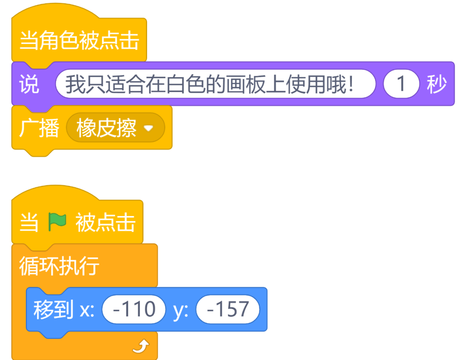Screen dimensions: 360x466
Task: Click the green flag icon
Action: coord(57,222)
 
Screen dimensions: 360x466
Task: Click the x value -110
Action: coord(134,309)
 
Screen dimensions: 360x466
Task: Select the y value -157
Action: coord(227,309)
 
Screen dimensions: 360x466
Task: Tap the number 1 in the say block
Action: coord(401,84)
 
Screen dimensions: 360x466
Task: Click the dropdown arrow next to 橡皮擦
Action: coord(148,128)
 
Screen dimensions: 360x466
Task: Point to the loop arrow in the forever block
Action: coord(141,346)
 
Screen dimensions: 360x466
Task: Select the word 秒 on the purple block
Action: coord(437,84)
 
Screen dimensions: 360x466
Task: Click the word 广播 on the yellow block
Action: coord(39,128)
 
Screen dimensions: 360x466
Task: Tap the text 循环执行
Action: coord(59,266)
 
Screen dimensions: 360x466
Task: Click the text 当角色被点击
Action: coord(79,41)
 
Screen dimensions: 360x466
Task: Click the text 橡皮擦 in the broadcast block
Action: coord(107,128)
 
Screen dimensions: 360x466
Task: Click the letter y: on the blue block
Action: coord(180,310)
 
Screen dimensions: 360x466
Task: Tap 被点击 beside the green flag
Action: coord(105,222)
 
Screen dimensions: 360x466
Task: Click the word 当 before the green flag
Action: coord(29,222)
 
